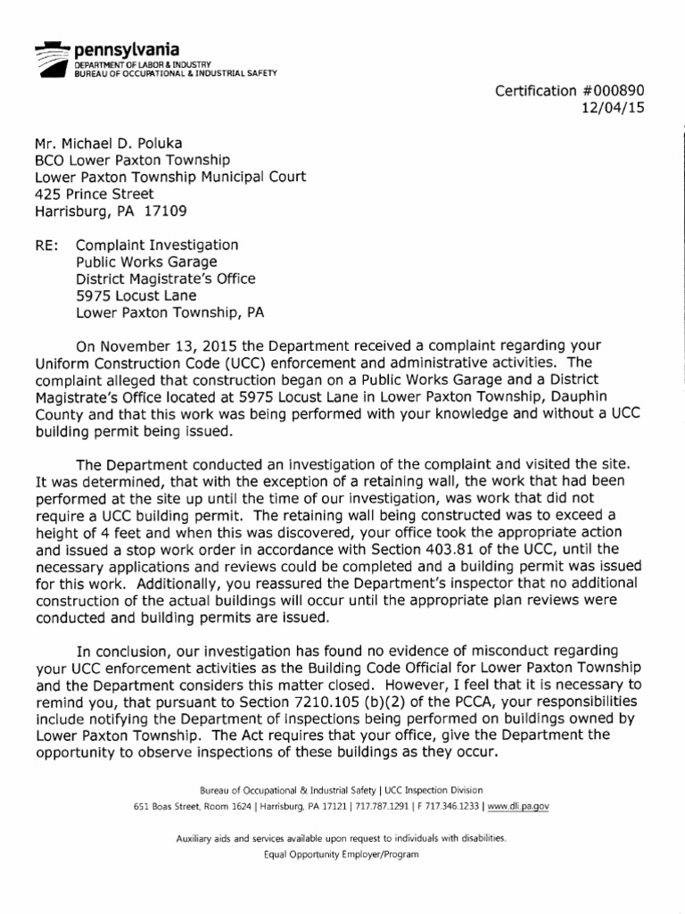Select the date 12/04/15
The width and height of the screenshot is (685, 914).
click(x=615, y=109)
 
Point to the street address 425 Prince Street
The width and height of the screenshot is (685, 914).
click(x=94, y=194)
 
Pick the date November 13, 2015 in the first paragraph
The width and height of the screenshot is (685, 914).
click(x=151, y=346)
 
